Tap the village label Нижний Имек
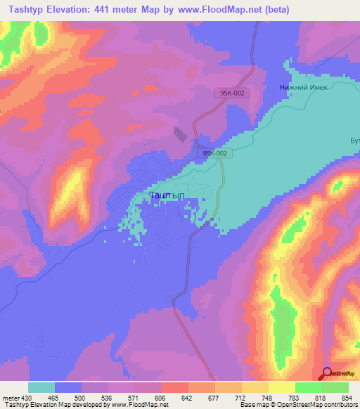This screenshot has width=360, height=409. tap(297, 88)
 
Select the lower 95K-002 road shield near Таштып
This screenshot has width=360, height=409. tap(214, 152)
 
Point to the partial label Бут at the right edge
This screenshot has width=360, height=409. tap(354, 141)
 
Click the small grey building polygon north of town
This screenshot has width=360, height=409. tap(181, 134)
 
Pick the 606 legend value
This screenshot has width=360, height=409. tap(161, 398)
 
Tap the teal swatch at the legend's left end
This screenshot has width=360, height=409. tap(41, 387)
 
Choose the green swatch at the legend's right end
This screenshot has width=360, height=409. tap(335, 387)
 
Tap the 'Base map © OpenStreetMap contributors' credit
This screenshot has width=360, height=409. tap(298, 405)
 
